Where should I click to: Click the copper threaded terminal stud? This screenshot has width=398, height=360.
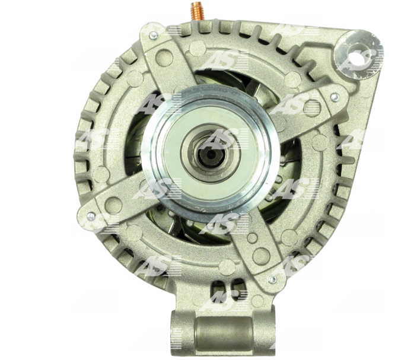pyautogui.click(x=198, y=11)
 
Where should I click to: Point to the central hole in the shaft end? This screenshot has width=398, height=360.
pyautogui.click(x=211, y=155)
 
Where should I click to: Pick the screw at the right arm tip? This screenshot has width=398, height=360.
pyautogui.click(x=335, y=96)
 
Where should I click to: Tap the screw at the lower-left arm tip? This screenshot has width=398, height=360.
pyautogui.click(x=91, y=216)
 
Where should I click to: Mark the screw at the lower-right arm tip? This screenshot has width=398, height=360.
pyautogui.click(x=272, y=279)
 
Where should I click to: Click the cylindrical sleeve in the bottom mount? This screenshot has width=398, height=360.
pyautogui.click(x=224, y=333)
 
